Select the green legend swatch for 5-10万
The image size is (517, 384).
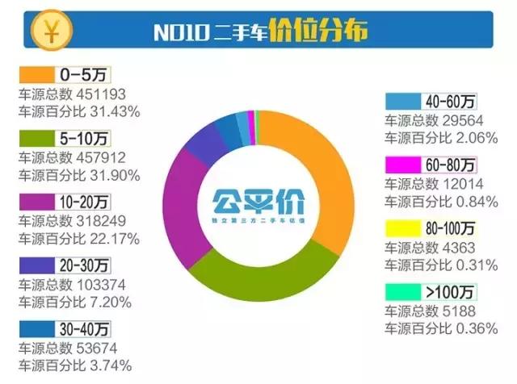(37, 137)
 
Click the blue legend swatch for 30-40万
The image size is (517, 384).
(37, 328)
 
